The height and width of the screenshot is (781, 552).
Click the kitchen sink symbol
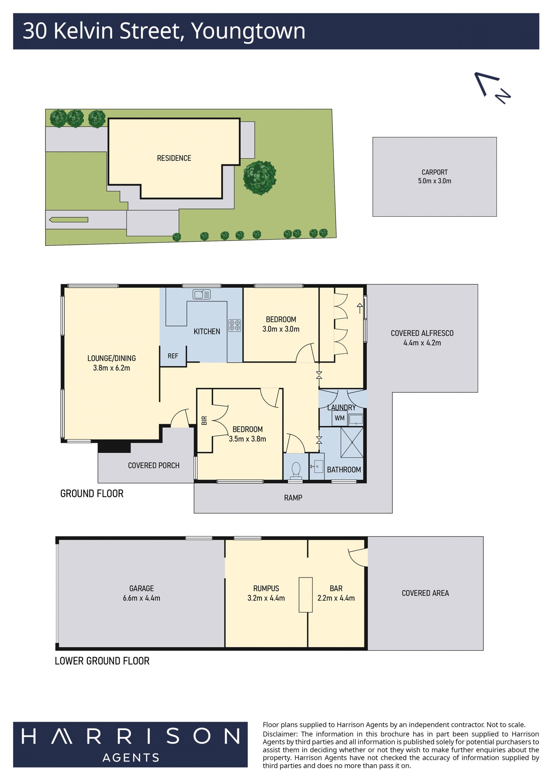coord(202,294)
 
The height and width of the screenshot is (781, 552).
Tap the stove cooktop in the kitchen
coord(235,326)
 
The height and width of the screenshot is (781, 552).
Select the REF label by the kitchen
coord(173,356)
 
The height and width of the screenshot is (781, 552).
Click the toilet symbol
coord(296,469)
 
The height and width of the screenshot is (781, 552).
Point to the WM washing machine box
coord(339,418)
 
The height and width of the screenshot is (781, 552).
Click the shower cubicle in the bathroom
coord(352,442)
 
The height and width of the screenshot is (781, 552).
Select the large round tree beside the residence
coord(260,177)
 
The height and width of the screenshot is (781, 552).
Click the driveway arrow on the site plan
coord(68,220)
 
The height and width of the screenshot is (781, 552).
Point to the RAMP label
coord(293,498)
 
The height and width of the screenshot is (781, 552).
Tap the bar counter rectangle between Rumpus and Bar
coord(306,595)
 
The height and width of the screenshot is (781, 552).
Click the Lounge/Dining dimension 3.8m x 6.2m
coord(112,368)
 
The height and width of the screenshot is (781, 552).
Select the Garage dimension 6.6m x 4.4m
coord(141,598)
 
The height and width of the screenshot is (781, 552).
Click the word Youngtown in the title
coord(248,31)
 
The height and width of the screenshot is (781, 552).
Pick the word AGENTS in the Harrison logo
coord(131,757)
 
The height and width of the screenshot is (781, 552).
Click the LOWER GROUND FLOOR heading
coord(102,661)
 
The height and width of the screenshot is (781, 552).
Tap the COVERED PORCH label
coord(154,465)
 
